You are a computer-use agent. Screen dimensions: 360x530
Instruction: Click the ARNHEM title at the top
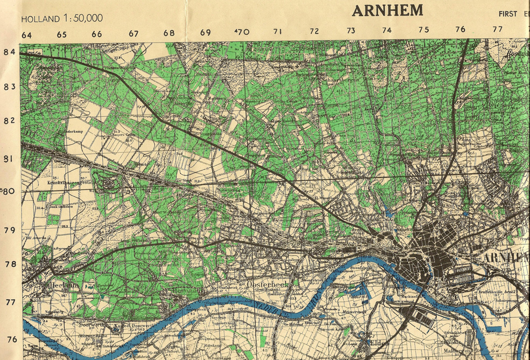coord(387,10)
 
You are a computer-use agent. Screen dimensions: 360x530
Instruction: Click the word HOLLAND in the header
coord(40,19)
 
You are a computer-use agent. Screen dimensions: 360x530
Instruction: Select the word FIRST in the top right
coord(507,13)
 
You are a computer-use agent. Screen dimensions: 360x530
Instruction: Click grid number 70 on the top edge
coord(243,32)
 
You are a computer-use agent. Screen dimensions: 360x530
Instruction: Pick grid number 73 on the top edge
coord(350,31)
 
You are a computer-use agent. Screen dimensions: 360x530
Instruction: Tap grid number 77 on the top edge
coord(497,29)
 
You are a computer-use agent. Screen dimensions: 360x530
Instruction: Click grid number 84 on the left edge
coord(9,52)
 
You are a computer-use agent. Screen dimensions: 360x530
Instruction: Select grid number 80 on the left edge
coord(9,190)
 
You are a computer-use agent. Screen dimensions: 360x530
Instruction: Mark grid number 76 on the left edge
coord(11,340)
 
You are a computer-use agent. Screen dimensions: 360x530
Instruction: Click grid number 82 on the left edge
coord(9,121)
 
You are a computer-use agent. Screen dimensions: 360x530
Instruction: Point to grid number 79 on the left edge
coord(9,230)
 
